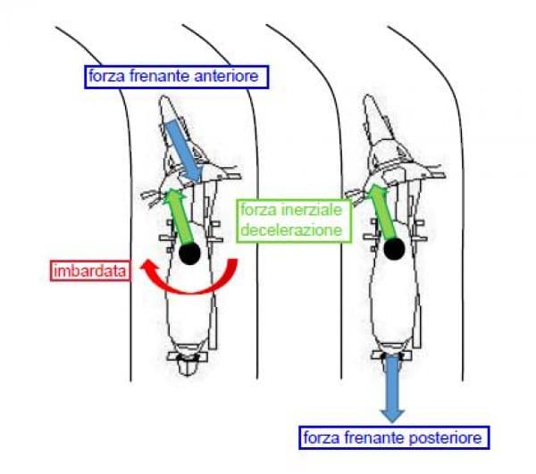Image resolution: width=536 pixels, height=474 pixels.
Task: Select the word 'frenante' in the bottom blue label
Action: (x=376, y=437)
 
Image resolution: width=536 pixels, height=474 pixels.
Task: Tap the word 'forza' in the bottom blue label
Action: (x=322, y=437)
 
